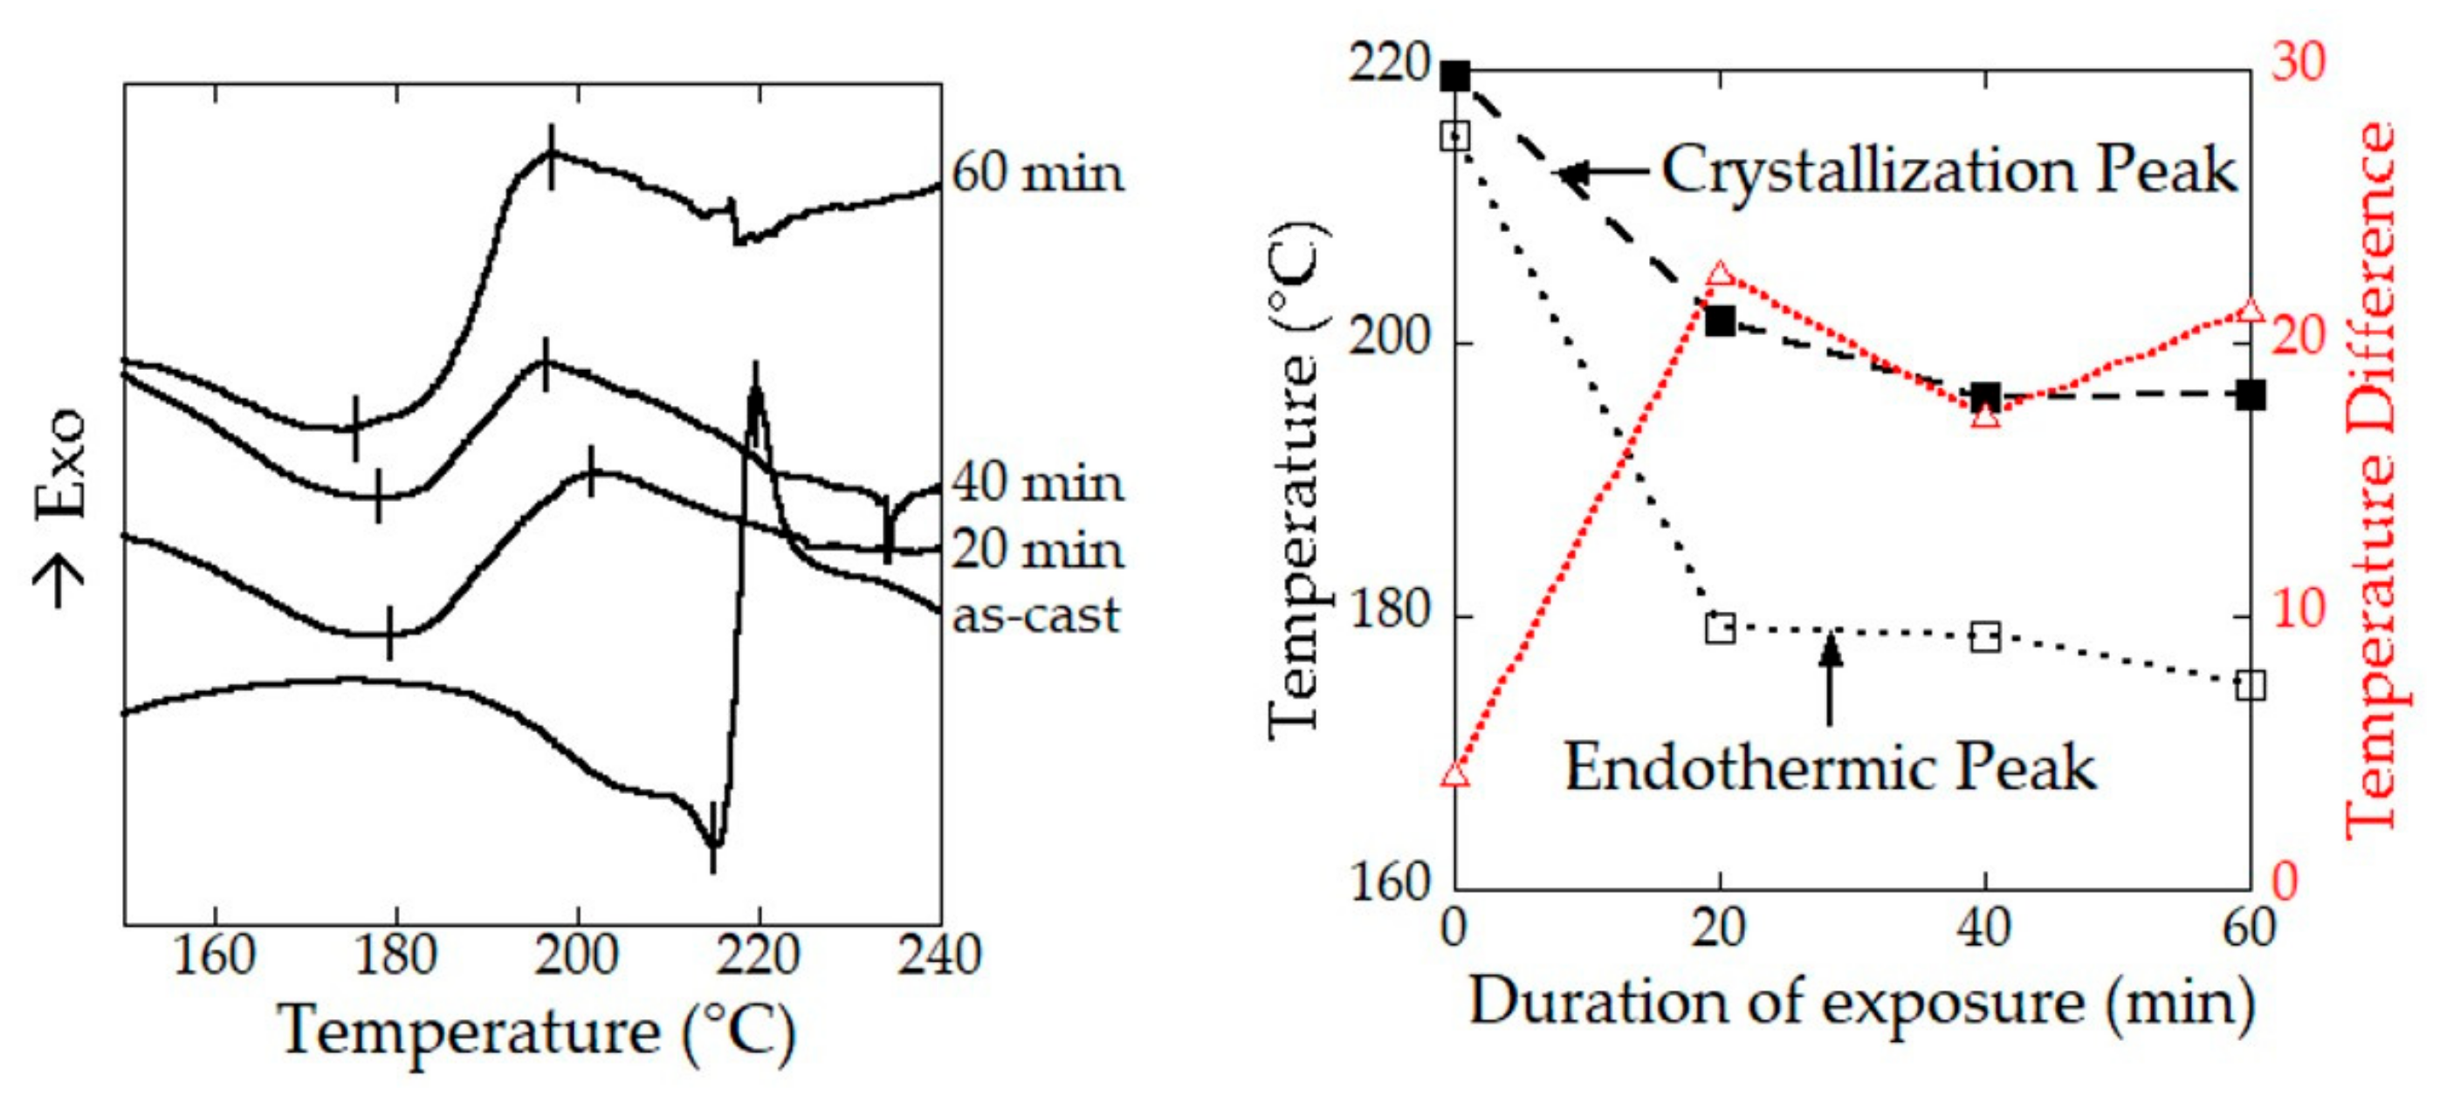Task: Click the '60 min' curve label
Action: click(x=1037, y=174)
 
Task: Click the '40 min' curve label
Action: click(x=1037, y=483)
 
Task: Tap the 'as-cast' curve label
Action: click(x=1035, y=615)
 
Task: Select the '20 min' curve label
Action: click(x=1037, y=550)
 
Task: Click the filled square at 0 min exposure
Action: click(x=1455, y=77)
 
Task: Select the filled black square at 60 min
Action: click(x=2251, y=396)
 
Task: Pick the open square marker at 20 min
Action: click(x=1720, y=627)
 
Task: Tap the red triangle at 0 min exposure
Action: click(x=1456, y=776)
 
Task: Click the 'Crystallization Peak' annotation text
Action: click(x=1949, y=172)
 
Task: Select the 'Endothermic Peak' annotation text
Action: click(x=1829, y=767)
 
